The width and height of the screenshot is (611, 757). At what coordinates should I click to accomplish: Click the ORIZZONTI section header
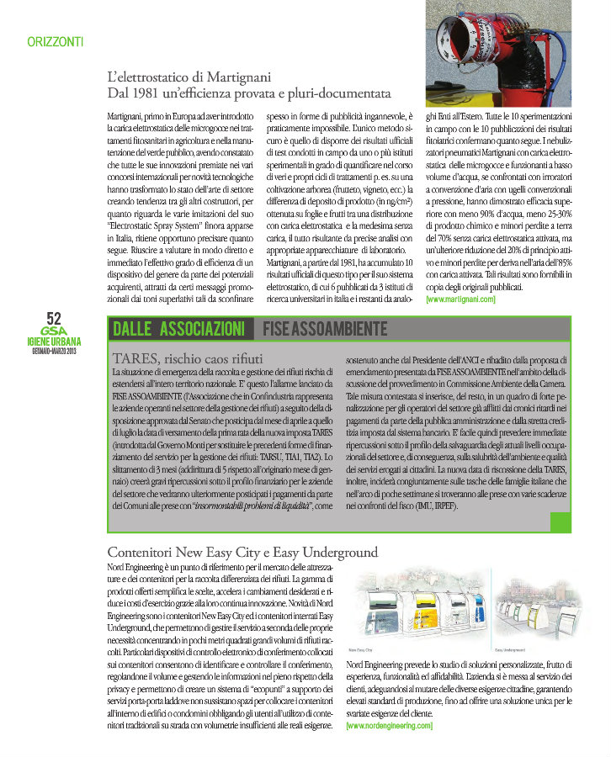click(x=55, y=41)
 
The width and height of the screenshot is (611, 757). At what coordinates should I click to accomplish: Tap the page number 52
click(x=54, y=317)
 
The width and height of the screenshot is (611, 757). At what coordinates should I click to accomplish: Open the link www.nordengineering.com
click(x=390, y=724)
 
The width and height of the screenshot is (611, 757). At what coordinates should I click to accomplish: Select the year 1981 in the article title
click(x=164, y=91)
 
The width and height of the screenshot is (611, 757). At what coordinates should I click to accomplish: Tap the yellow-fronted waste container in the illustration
click(x=426, y=617)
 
